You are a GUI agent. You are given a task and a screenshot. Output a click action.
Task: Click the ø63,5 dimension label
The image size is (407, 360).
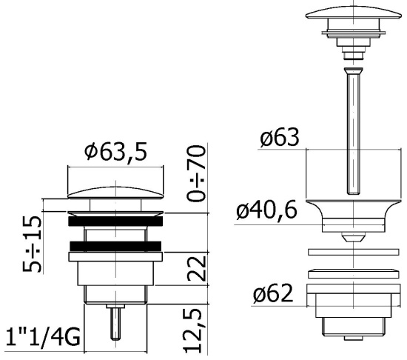point(115,151)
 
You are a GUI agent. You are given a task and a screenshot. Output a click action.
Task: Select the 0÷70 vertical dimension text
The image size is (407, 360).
point(197,173)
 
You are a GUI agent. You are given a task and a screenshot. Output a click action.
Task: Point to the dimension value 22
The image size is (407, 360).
point(197,269)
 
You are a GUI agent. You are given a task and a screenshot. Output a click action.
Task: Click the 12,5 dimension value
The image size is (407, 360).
point(192,330)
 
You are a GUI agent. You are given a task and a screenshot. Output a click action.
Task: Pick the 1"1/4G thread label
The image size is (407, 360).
point(43,337)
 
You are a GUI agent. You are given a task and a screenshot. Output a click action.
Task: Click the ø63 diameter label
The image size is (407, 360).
point(280,137)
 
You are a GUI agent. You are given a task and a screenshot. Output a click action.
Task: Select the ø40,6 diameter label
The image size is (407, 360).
point(266,210)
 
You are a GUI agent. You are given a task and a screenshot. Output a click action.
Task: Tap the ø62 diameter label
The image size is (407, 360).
point(273,293)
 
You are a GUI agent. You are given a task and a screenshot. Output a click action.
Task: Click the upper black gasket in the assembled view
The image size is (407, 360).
point(115,221)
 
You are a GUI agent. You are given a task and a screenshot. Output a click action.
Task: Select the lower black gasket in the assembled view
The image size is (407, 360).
point(115,246)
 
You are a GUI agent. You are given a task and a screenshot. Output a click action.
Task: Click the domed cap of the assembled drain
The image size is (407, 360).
point(115,193)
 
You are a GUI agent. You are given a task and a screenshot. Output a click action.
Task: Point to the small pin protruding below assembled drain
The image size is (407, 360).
point(115,322)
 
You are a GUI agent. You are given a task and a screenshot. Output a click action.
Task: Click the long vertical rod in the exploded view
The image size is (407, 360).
point(354,131)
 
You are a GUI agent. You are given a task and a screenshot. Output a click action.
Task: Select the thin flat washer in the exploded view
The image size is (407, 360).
point(354,252)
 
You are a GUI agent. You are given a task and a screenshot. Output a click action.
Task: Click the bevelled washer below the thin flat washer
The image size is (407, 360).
point(354,273)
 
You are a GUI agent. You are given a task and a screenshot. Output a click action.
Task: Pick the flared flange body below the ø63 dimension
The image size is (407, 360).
point(354,216)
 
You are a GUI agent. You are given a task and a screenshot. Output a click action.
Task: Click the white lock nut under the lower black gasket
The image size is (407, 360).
point(115,256)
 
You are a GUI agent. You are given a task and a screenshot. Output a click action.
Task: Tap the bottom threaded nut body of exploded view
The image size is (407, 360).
point(354,312)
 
